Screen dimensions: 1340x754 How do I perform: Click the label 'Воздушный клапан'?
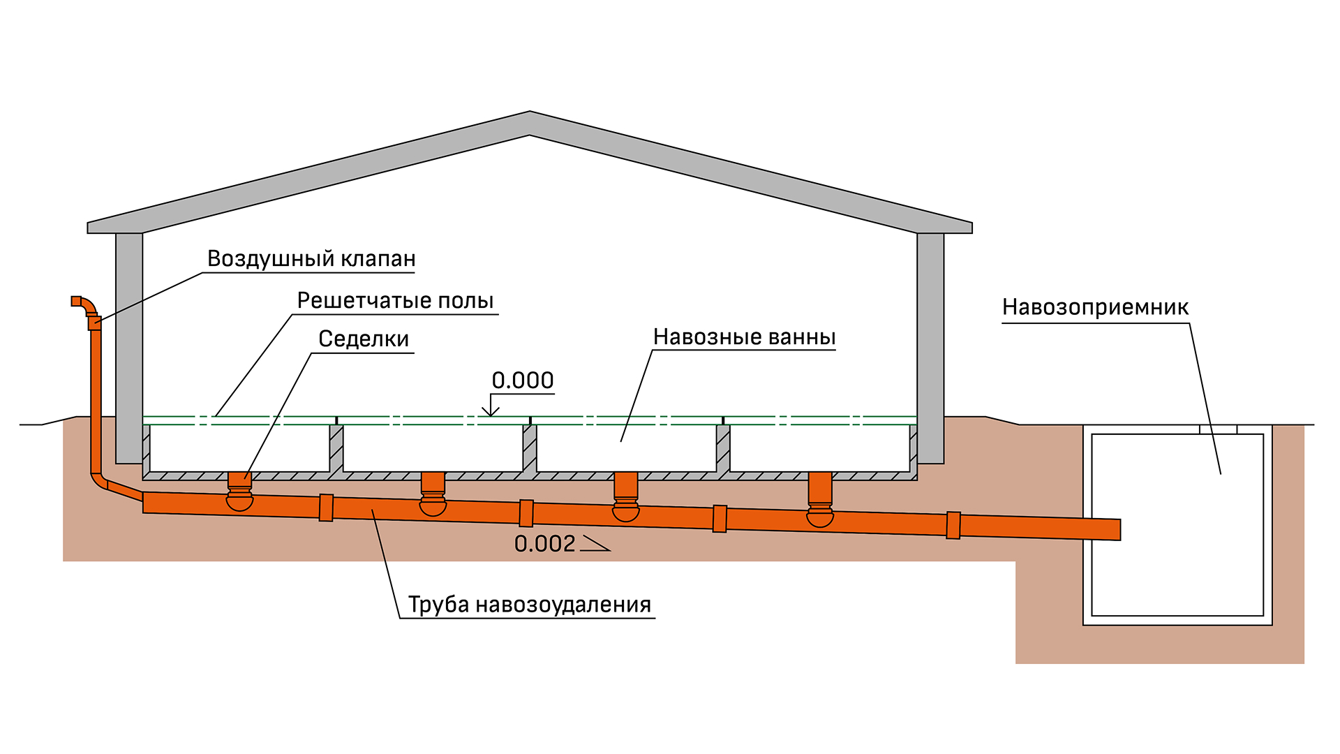[311, 259]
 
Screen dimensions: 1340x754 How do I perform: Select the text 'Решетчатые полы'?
[395, 301]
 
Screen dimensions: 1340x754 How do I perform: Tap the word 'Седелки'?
[364, 339]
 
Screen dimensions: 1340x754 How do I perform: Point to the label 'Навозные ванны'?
[744, 337]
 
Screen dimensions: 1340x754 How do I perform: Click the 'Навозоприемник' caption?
[1095, 307]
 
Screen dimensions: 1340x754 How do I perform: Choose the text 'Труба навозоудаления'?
[530, 605]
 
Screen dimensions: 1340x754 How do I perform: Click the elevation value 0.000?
[523, 380]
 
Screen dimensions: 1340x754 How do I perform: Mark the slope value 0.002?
[544, 544]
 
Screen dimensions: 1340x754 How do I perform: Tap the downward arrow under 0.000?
[491, 406]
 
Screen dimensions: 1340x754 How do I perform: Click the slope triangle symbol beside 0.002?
[595, 544]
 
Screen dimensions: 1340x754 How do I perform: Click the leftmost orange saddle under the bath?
[240, 491]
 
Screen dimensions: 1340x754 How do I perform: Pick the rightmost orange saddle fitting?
[820, 500]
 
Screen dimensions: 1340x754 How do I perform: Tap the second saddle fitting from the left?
[433, 494]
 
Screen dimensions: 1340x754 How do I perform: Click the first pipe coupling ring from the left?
[326, 508]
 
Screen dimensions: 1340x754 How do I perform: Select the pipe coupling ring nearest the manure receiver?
[953, 526]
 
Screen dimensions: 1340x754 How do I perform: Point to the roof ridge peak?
[530, 112]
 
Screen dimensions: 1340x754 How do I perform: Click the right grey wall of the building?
[930, 348]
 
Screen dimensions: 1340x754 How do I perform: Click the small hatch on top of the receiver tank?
[1218, 429]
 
